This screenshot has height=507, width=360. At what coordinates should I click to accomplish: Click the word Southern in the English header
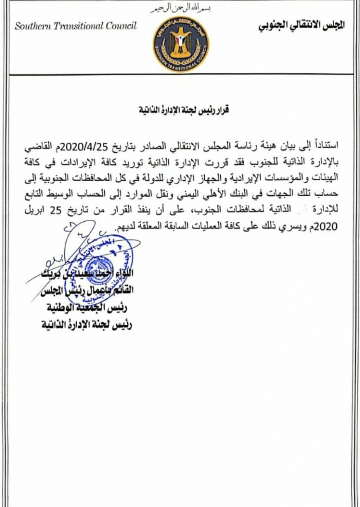34,26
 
